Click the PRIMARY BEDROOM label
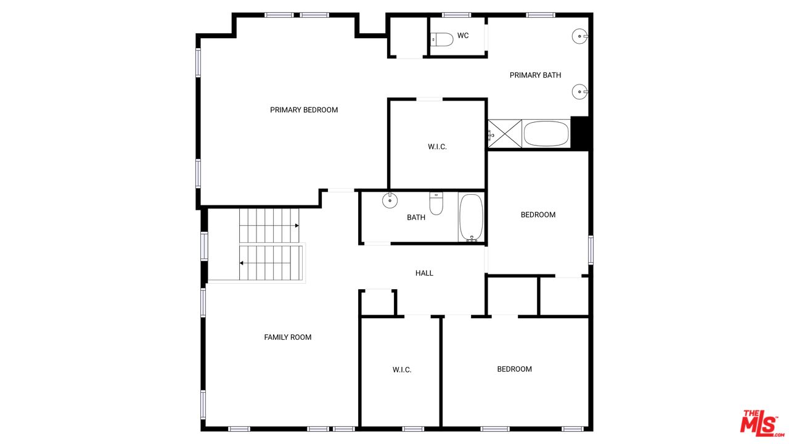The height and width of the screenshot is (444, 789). (x=304, y=110)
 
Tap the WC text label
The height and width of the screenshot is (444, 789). (x=463, y=36)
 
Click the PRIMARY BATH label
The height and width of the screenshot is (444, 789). (x=535, y=75)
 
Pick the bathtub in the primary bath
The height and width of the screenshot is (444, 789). (x=546, y=134)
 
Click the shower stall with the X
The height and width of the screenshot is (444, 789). (x=505, y=134)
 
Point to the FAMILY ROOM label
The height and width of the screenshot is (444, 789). (x=287, y=337)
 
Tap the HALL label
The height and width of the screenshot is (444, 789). (x=424, y=273)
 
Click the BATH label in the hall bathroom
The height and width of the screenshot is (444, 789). (x=416, y=218)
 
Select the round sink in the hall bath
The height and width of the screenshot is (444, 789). (x=390, y=200)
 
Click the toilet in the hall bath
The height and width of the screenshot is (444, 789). (x=436, y=203)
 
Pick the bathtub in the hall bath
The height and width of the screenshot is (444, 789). (x=472, y=218)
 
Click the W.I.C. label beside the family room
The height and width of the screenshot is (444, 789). (x=402, y=369)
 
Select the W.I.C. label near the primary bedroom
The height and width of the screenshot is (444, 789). (x=437, y=147)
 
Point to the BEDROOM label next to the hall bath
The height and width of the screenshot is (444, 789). (x=538, y=215)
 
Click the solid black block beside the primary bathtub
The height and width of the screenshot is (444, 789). (x=580, y=133)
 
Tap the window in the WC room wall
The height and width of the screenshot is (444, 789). (x=457, y=15)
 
